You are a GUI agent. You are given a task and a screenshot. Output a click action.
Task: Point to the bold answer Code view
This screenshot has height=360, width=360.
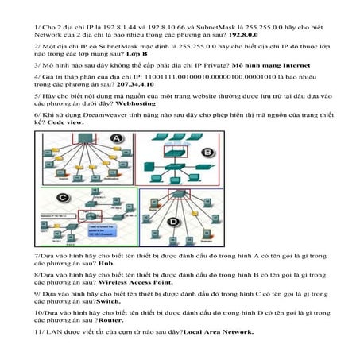(66, 124)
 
